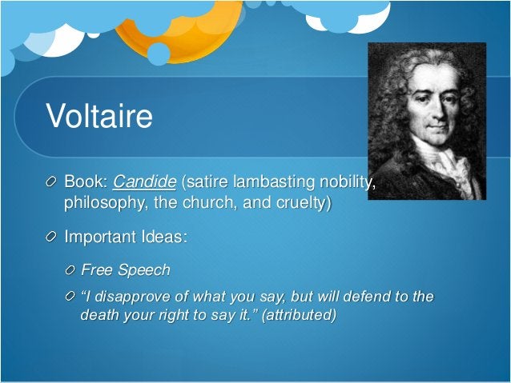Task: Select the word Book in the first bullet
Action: point(84,183)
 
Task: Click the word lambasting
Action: point(259,183)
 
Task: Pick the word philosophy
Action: point(102,203)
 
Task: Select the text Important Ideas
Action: point(126,237)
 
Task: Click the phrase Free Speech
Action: point(126,269)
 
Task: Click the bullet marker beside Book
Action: point(52,183)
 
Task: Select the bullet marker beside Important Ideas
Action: point(52,237)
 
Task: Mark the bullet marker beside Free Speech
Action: point(70,269)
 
